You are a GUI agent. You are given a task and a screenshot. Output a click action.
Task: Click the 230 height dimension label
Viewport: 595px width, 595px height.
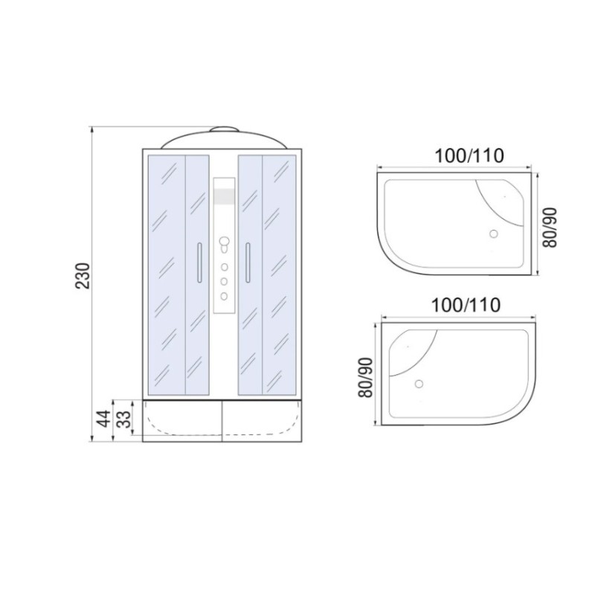click(83, 276)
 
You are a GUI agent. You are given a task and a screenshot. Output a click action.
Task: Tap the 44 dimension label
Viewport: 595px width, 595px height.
click(103, 419)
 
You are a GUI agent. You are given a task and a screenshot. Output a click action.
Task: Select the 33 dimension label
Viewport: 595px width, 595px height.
click(123, 419)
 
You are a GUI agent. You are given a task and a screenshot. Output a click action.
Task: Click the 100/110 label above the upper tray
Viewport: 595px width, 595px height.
click(469, 155)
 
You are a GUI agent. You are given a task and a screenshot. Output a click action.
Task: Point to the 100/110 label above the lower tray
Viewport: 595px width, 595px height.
click(466, 305)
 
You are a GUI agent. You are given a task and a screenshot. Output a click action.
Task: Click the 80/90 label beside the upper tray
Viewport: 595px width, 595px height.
click(550, 228)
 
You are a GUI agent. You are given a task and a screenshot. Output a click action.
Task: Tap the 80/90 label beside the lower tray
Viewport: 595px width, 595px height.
click(366, 378)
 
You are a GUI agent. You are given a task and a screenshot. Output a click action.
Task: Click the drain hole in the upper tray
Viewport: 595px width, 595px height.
click(493, 234)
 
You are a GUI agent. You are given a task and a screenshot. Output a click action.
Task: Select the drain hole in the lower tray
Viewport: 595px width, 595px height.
click(419, 384)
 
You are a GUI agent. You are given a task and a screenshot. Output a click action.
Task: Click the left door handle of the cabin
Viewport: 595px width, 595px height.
click(199, 263)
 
